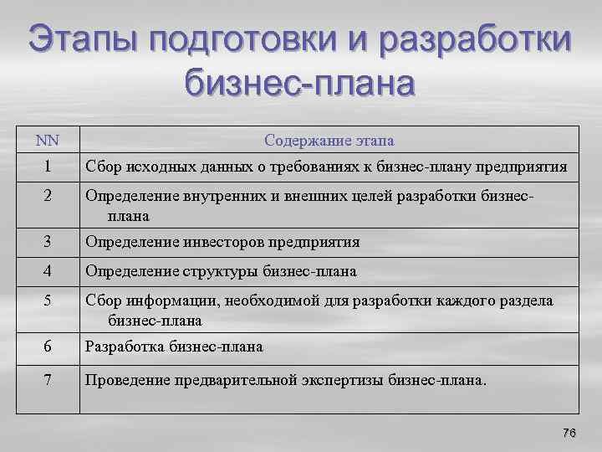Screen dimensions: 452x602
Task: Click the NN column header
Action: pyautogui.click(x=48, y=140)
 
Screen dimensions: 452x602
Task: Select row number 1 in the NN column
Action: pyautogui.click(x=48, y=167)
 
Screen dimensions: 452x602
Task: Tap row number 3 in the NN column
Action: pyautogui.click(x=48, y=242)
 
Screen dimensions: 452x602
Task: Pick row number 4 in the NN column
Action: pyautogui.click(x=48, y=271)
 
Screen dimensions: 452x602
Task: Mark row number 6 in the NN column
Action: pyautogui.click(x=48, y=346)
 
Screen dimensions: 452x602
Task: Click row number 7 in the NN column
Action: pyautogui.click(x=48, y=380)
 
